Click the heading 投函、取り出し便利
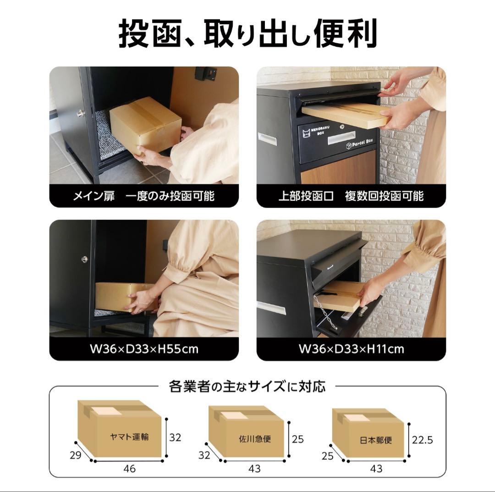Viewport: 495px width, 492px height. click(x=247, y=33)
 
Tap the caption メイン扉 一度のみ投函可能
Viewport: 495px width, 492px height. click(x=144, y=196)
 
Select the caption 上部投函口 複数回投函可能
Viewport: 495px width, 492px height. click(x=351, y=196)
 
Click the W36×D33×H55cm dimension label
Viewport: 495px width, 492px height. click(x=144, y=348)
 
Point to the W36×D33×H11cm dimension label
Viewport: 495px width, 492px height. click(x=351, y=348)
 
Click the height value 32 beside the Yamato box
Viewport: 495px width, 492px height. click(x=175, y=437)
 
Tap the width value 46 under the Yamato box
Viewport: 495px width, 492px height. click(x=129, y=469)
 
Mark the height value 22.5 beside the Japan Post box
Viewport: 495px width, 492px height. click(x=422, y=440)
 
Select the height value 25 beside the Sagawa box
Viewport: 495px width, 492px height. click(x=298, y=439)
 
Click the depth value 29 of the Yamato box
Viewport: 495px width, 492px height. click(x=76, y=455)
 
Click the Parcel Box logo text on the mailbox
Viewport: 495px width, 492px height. click(x=360, y=146)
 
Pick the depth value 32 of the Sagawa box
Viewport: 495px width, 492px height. click(x=204, y=455)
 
